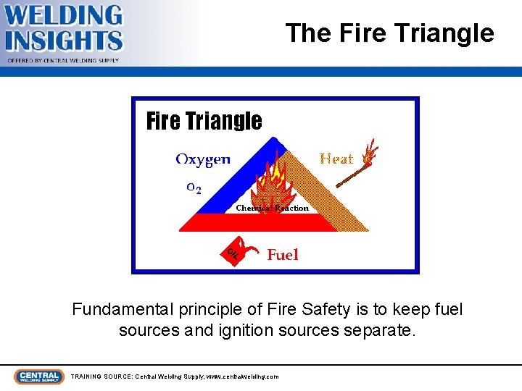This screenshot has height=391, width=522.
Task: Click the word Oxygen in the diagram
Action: pos(203,159)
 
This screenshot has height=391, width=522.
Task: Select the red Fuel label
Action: pos(283,254)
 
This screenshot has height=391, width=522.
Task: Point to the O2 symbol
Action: pos(194,188)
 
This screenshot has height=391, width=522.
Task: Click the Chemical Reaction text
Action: pos(272,209)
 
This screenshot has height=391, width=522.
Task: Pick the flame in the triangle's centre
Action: pos(272,185)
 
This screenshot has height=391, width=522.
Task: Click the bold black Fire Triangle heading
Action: pos(204,121)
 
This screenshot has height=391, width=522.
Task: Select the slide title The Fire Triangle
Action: pos(389,33)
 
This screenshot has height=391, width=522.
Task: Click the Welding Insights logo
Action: pos(64,30)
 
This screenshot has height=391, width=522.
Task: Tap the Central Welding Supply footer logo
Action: pos(38,377)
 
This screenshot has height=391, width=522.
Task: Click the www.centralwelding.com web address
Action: pos(242,377)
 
